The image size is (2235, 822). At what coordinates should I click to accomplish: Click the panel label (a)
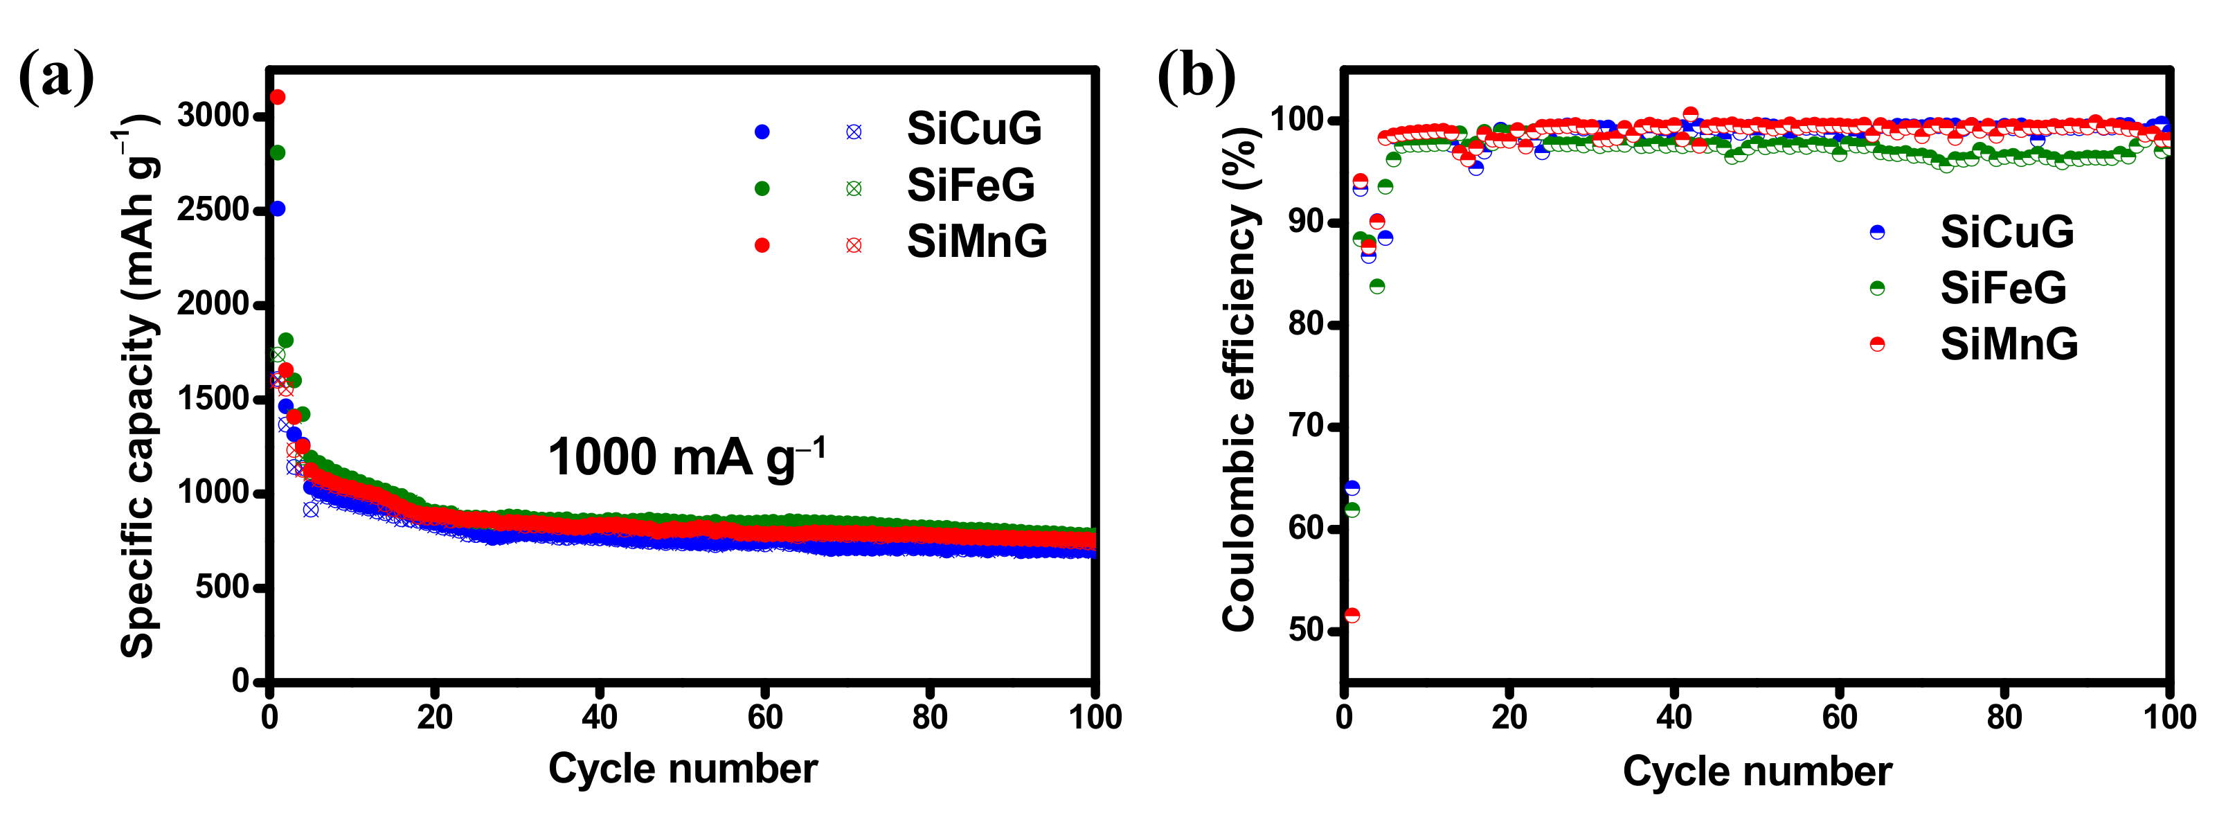[56, 78]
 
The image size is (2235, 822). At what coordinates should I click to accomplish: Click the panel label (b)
[1196, 78]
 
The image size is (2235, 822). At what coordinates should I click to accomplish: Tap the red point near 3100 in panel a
[278, 97]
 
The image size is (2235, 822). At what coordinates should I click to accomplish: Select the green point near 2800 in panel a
[278, 153]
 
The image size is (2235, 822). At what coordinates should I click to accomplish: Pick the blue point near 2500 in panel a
[278, 209]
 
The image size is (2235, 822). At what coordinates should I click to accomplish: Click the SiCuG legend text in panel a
[973, 129]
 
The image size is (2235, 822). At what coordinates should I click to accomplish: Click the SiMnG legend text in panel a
[977, 242]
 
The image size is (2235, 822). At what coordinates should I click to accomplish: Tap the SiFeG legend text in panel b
[2002, 288]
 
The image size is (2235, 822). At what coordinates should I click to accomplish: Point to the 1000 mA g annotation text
[685, 458]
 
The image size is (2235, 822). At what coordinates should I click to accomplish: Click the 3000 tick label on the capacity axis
[213, 116]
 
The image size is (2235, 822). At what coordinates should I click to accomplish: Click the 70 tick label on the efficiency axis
[1307, 426]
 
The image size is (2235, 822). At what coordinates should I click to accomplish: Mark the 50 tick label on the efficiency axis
[1307, 629]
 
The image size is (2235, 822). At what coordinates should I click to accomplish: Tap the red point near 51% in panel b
[1352, 616]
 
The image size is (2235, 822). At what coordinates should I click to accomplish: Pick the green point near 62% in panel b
[1352, 510]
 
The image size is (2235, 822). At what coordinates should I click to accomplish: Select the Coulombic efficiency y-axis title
[1239, 379]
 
